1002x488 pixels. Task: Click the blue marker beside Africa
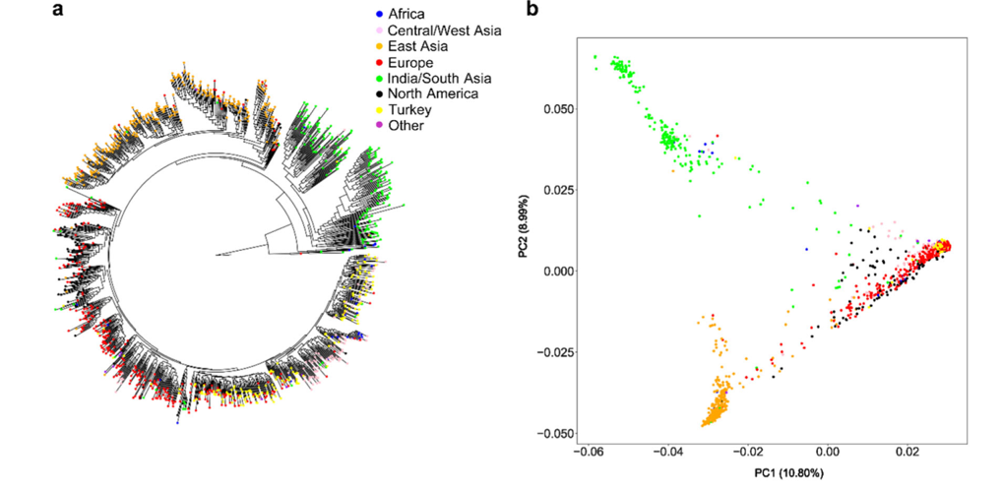379,15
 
